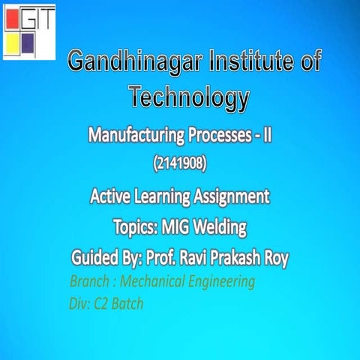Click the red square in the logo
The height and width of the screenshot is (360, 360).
(13, 16)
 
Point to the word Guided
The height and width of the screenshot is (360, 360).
(97, 258)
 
